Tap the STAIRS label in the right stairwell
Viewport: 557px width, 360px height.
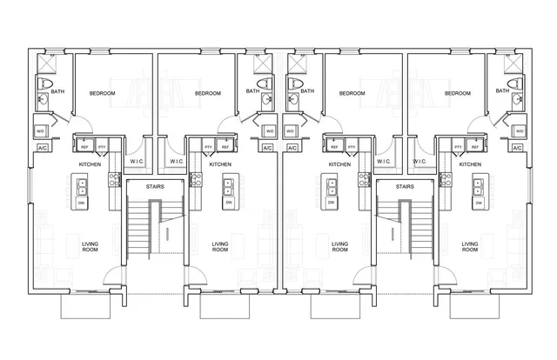[404, 186]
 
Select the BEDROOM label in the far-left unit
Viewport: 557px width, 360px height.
[103, 93]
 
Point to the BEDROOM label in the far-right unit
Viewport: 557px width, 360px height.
[458, 93]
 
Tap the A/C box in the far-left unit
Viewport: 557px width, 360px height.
[42, 149]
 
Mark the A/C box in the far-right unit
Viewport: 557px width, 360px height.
[518, 149]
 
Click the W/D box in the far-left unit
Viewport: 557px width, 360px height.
[41, 131]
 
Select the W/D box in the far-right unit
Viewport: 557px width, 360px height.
[519, 131]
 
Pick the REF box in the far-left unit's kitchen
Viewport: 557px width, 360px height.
[85, 147]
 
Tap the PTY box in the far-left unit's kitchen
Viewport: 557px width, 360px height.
[102, 147]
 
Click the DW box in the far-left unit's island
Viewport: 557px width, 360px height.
[82, 202]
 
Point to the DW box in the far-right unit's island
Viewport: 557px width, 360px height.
[478, 202]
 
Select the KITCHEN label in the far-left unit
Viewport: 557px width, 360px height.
[90, 164]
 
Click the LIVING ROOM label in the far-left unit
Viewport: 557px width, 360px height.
[91, 247]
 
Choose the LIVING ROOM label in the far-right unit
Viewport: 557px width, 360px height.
[470, 247]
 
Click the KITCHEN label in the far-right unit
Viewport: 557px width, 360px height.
[470, 164]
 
